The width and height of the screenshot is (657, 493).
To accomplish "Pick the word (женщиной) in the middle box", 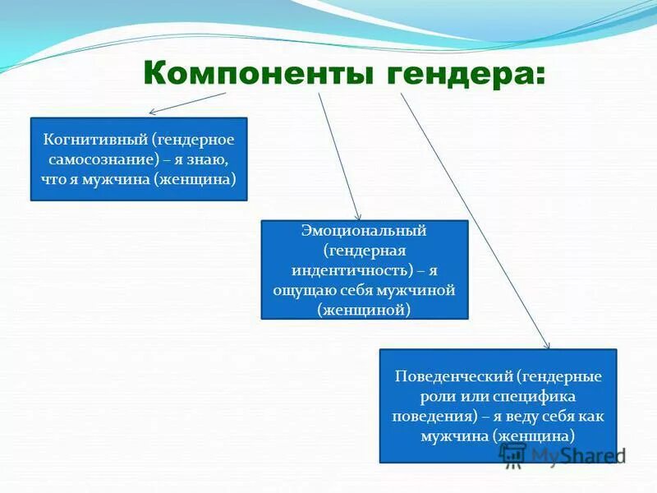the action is tap(365, 310).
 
